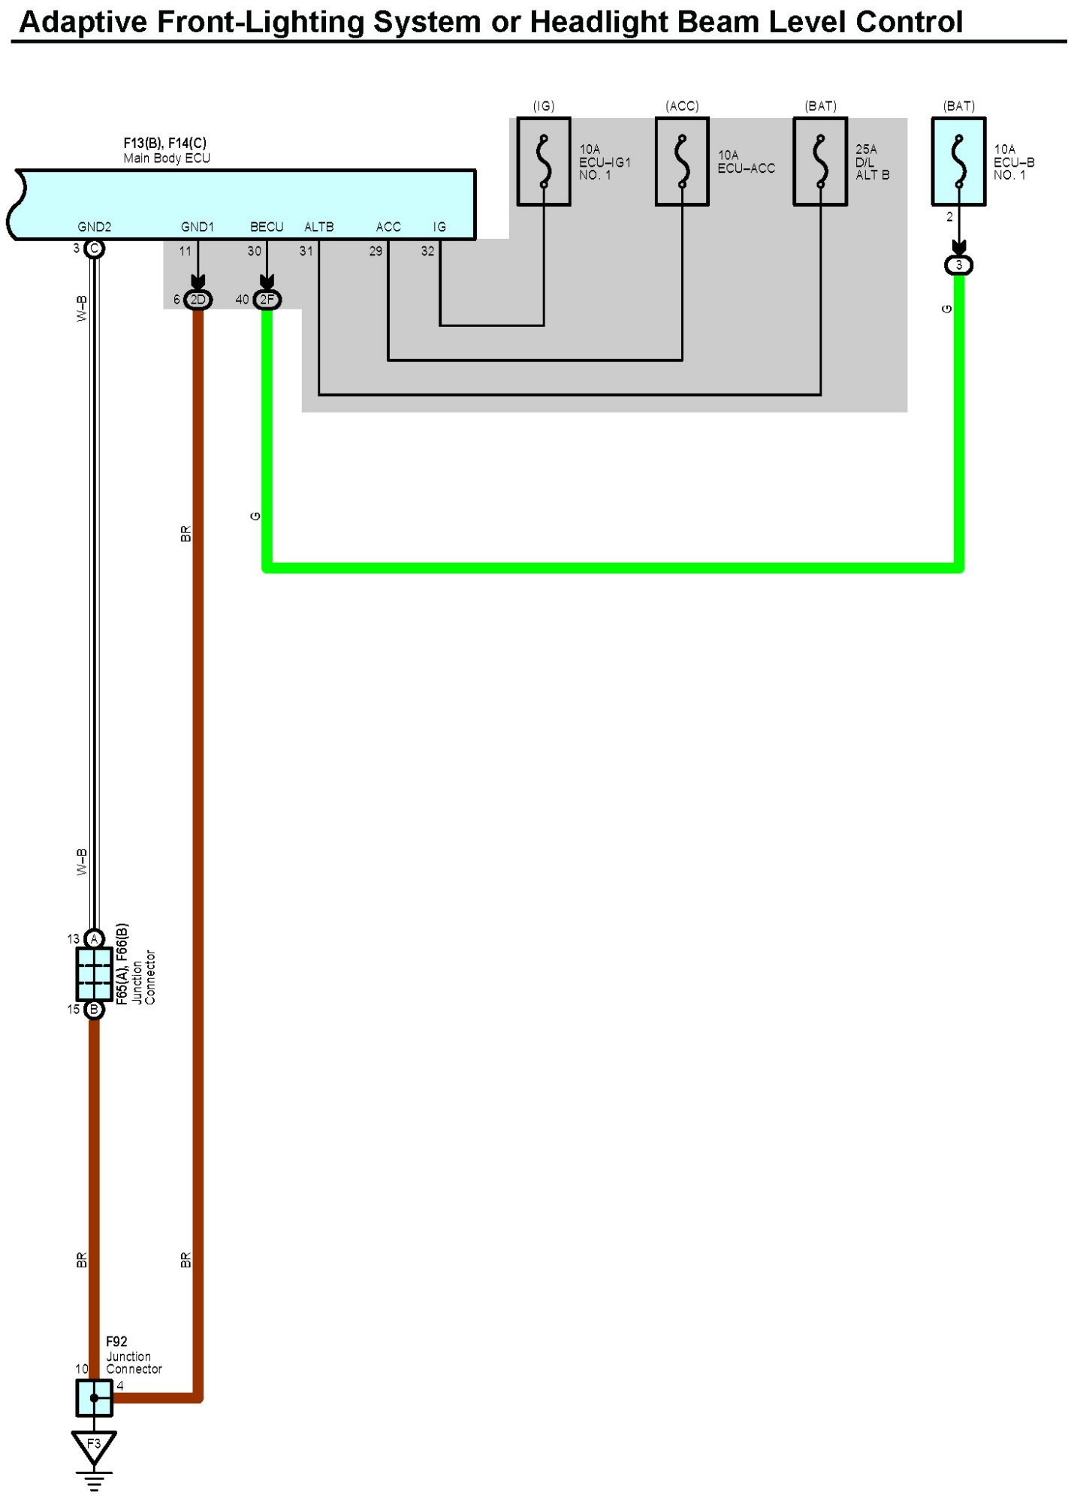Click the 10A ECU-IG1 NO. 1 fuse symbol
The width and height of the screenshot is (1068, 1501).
coord(544,162)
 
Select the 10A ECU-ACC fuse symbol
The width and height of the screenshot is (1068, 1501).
coord(682,162)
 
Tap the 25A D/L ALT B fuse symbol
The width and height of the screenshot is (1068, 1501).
coord(820,162)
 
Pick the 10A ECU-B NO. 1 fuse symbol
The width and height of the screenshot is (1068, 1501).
coord(958,162)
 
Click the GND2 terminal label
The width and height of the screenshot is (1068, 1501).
coord(95,227)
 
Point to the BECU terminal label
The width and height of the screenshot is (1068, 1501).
coord(267,227)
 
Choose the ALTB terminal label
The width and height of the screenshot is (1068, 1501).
coord(319,227)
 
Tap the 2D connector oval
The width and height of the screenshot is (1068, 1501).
coord(198,300)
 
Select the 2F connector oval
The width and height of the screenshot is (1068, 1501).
coord(267,300)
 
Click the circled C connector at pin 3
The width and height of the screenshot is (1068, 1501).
coord(94,249)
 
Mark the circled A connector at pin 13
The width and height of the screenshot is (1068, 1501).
coord(94,938)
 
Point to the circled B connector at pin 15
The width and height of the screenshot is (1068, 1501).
coord(94,1009)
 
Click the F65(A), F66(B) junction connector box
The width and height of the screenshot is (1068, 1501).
coord(94,974)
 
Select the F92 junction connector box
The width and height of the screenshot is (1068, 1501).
coord(94,1398)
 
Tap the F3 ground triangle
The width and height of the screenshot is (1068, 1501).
coord(94,1445)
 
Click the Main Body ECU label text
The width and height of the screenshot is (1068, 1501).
coord(167,159)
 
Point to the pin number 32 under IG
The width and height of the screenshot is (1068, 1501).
coord(427,251)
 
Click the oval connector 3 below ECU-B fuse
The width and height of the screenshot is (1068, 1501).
coord(958,265)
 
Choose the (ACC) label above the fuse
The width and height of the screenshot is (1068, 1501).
coord(682,106)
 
